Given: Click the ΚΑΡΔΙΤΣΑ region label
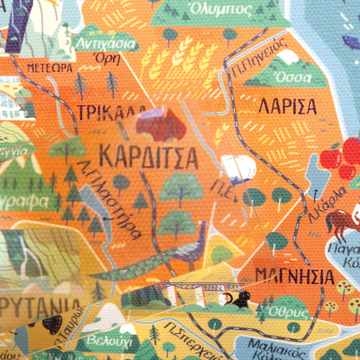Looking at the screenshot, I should click(149, 158).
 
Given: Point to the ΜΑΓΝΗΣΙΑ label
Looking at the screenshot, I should click(295, 277).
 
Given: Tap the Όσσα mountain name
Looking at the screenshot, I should click(293, 77).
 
